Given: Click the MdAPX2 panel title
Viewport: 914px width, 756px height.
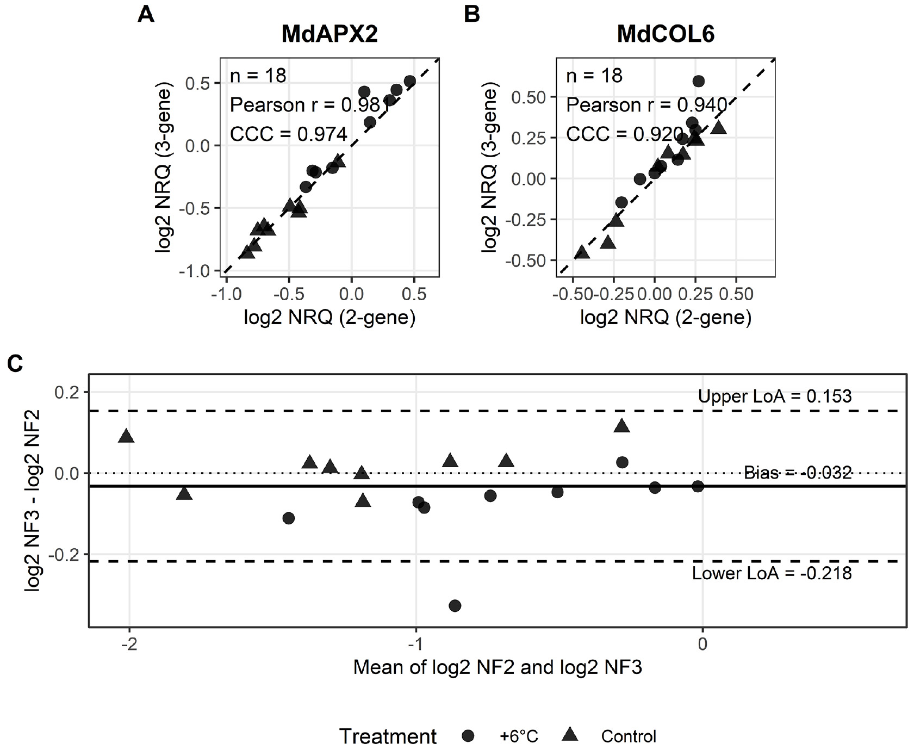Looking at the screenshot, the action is [329, 34].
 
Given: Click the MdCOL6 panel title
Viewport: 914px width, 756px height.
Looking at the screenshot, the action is [666, 34].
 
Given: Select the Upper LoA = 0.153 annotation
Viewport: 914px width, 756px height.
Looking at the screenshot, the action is [775, 396].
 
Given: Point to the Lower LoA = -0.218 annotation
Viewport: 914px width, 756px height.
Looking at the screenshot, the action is [772, 573].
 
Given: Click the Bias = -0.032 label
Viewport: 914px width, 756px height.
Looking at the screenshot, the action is [798, 473].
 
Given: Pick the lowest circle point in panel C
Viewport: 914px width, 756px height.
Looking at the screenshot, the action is [455, 605].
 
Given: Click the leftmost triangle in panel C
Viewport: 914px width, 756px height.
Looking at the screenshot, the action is [126, 436].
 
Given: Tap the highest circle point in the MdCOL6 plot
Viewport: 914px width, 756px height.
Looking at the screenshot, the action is [699, 81].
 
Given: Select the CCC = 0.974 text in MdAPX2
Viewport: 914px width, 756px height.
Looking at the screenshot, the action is [289, 134].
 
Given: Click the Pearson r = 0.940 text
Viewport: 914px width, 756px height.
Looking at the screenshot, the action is [646, 104].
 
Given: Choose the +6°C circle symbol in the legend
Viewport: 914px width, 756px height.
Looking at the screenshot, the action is [468, 736].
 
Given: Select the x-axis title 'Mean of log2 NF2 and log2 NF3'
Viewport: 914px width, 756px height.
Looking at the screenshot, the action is [498, 667].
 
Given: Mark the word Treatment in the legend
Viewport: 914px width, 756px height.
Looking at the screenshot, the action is [388, 736].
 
